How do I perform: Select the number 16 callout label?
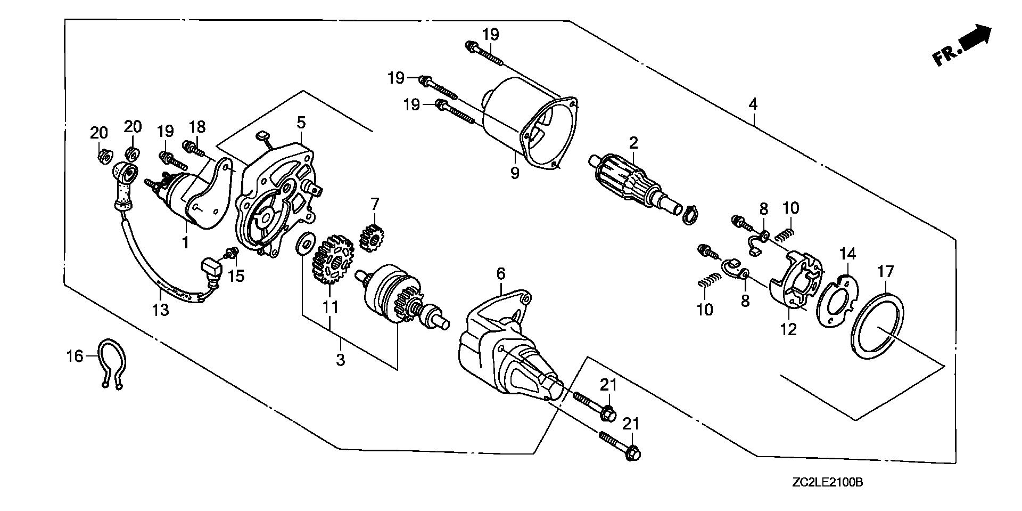[x=75, y=355]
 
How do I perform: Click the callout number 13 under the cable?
[x=160, y=309]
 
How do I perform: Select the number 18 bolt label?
[x=197, y=127]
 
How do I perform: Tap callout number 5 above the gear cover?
[x=301, y=123]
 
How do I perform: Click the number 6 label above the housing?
[x=500, y=274]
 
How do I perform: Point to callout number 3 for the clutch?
[x=340, y=359]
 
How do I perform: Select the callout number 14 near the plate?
[x=848, y=254]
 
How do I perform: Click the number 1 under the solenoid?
[x=185, y=242]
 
